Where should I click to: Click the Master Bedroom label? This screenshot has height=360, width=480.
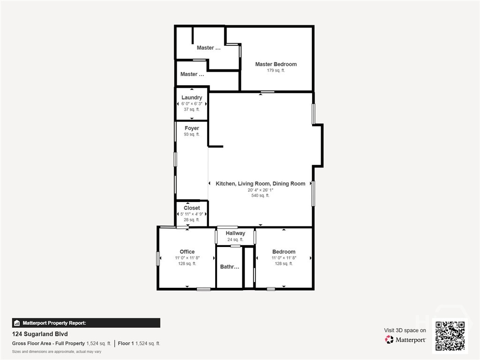click(276, 64)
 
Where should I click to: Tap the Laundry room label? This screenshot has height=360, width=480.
click(192, 97)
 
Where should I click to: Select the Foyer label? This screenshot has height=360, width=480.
click(192, 128)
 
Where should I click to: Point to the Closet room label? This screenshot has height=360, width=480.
click(192, 208)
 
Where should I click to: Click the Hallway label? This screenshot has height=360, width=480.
click(235, 233)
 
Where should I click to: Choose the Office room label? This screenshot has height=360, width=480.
click(187, 252)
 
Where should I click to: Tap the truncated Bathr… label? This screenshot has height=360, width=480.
click(230, 267)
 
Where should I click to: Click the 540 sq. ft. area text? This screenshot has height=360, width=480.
click(260, 195)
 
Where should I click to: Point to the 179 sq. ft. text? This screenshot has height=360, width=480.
click(276, 70)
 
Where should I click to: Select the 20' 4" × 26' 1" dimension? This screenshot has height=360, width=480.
click(260, 190)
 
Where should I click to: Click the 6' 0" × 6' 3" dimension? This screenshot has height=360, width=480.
click(192, 104)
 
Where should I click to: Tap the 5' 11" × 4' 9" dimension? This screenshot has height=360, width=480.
click(192, 214)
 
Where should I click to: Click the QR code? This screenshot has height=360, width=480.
click(450, 336)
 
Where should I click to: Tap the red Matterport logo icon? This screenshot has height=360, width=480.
click(389, 339)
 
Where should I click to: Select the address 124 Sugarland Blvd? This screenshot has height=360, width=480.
click(40, 334)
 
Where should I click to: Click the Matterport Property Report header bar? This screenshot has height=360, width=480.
click(86, 323)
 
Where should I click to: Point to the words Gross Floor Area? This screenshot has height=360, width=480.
click(31, 344)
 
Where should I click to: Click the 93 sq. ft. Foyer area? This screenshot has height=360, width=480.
click(192, 135)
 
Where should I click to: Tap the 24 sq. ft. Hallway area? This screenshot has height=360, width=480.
click(235, 240)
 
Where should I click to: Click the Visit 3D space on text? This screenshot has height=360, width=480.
click(405, 330)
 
